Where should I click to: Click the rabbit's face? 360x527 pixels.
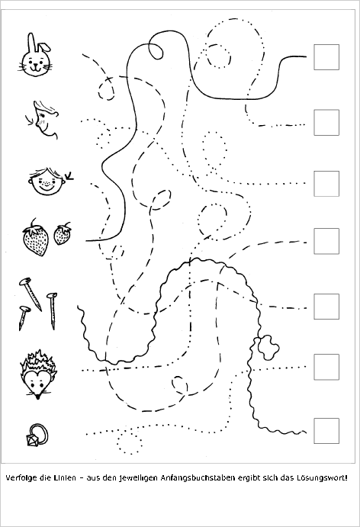[x=35, y=63]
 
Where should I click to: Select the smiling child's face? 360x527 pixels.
[x=46, y=182]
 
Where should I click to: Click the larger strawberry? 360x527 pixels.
[x=35, y=238]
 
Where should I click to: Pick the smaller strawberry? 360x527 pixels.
[x=63, y=233]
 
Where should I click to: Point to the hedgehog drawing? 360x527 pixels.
[x=38, y=374]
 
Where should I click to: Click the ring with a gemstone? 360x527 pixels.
[x=37, y=435]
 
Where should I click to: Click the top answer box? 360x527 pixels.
[x=326, y=57]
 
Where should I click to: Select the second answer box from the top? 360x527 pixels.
[x=326, y=122]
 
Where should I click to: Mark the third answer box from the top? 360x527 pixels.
[x=326, y=184]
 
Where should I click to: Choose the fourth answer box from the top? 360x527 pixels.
[x=326, y=241]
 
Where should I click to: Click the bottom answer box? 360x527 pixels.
[x=326, y=431]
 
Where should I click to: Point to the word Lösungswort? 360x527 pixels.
[x=321, y=478]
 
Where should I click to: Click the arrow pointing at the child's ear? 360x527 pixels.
[x=69, y=176]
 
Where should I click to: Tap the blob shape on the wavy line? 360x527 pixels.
[x=268, y=347]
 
